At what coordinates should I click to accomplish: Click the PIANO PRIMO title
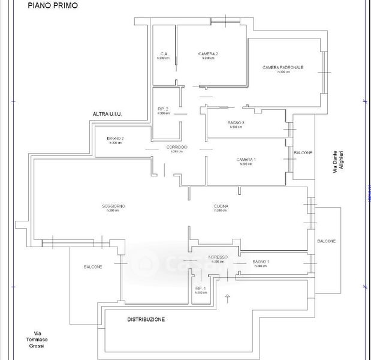pos(52,5)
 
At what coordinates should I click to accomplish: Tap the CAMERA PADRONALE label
pos(283,67)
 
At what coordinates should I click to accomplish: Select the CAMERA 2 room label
pos(208,54)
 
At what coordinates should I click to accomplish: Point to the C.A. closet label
pos(163,54)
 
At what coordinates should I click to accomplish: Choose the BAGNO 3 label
pos(236,123)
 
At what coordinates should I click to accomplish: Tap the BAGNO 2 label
pos(115,139)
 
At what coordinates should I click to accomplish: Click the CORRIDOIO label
pos(177,147)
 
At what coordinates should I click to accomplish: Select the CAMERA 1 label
pos(246,160)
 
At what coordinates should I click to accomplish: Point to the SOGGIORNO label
pos(113,206)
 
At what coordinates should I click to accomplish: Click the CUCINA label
pos(221,206)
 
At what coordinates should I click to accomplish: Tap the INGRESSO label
pos(218,257)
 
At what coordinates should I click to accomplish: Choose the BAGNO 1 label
pos(261,262)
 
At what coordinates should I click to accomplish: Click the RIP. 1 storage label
pos(201,289)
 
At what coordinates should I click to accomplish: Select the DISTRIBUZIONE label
pos(146,319)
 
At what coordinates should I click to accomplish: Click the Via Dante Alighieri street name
pos(338,162)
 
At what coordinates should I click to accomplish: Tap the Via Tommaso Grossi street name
pos(38,340)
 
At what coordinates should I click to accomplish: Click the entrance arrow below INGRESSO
pos(227,298)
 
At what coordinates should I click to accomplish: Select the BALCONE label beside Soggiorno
pos(93,266)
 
